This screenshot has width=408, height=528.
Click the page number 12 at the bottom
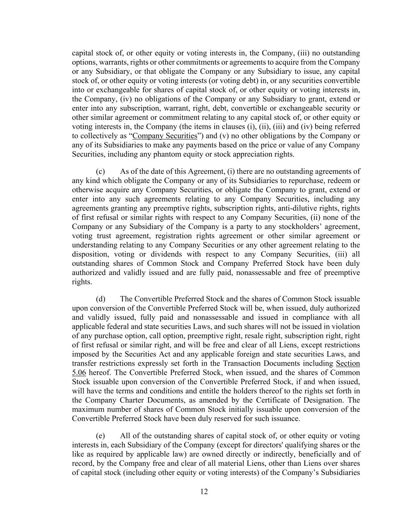pos(204,492)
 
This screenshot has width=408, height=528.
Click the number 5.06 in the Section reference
pos(79,373)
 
